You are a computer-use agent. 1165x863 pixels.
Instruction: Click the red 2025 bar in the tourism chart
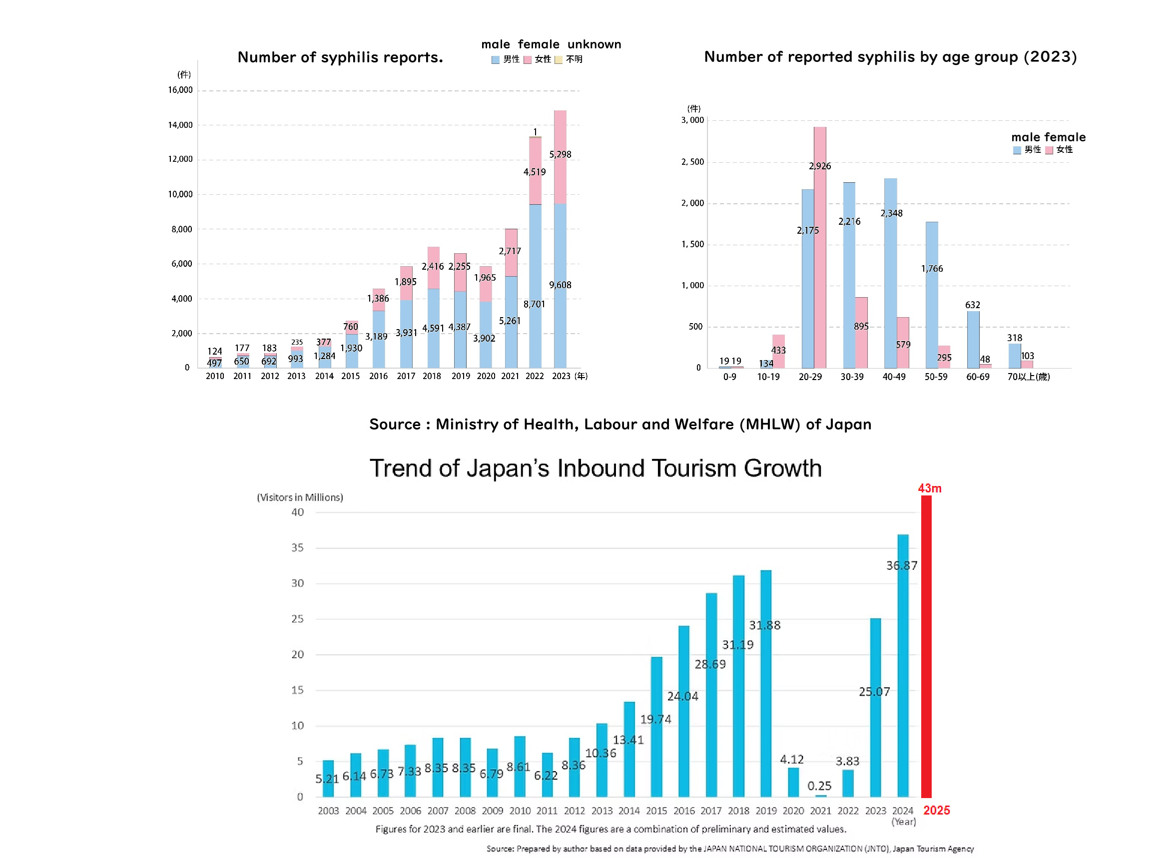point(926,647)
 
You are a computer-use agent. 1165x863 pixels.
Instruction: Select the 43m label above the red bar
point(929,488)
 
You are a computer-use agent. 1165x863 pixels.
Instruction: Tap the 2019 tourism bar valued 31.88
point(766,683)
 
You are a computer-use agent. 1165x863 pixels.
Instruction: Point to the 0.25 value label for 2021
point(819,786)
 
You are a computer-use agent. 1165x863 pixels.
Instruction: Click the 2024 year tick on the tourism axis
point(902,811)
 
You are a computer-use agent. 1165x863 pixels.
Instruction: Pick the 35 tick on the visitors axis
point(297,547)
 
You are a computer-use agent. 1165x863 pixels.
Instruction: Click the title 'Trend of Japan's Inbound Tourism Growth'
point(595,468)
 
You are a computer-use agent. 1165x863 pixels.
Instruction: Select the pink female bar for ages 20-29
point(820,248)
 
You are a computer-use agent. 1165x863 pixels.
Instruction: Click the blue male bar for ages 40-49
point(890,273)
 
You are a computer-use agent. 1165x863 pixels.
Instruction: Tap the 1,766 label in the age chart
point(932,269)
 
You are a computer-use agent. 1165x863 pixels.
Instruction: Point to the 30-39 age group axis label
point(852,377)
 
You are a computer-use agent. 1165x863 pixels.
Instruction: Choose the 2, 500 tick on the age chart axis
point(692,162)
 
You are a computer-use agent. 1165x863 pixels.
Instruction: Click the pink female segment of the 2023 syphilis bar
point(560,157)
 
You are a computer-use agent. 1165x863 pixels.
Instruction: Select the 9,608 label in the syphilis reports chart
point(560,285)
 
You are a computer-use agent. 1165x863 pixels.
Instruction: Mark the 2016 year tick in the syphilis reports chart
point(378,376)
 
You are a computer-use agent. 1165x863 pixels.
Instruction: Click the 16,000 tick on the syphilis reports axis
point(180,90)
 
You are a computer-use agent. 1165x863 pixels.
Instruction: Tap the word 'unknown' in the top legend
point(594,44)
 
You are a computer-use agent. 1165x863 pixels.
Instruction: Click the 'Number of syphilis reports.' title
point(340,57)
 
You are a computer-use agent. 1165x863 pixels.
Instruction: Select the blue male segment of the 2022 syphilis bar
point(535,286)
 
